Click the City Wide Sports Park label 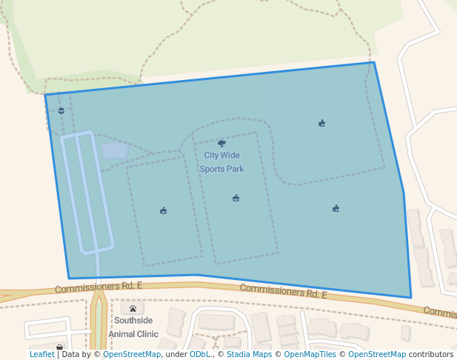click(x=222, y=162)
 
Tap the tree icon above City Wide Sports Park click(x=221, y=144)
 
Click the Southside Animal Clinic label click(x=133, y=327)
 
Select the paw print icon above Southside click(x=133, y=309)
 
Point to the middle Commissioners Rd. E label click(x=284, y=291)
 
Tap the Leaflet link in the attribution click(x=41, y=355)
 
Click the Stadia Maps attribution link click(x=249, y=355)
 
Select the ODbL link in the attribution click(x=199, y=355)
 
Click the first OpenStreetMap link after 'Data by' click(x=132, y=355)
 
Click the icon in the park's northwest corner click(x=61, y=110)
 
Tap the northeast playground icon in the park click(x=321, y=124)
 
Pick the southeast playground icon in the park click(x=336, y=209)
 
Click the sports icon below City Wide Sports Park click(x=236, y=198)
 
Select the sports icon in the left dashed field click(x=163, y=211)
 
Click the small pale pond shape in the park click(x=114, y=150)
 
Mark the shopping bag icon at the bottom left click(x=59, y=347)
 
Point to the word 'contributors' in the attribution click(x=431, y=355)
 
